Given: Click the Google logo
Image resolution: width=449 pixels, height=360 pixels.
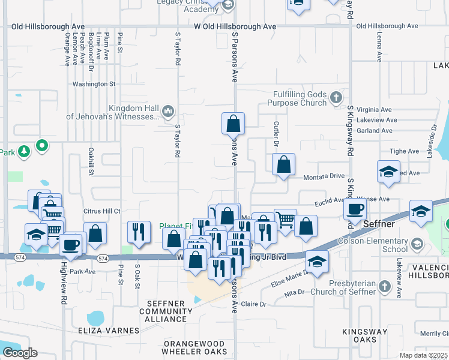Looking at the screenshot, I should click(x=20, y=352).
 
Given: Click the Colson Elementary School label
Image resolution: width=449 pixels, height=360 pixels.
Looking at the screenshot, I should click(x=378, y=245).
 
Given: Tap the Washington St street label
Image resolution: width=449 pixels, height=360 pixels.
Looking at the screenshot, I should click(x=94, y=84).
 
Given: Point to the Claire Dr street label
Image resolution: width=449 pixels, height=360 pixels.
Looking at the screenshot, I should click(x=253, y=304).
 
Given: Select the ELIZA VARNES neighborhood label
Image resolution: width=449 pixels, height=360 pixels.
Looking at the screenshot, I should click(x=113, y=331).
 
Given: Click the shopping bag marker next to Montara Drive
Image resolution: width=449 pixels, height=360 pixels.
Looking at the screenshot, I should click(x=283, y=164).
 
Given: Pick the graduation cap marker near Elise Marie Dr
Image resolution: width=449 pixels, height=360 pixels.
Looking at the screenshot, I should click(x=317, y=260).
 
